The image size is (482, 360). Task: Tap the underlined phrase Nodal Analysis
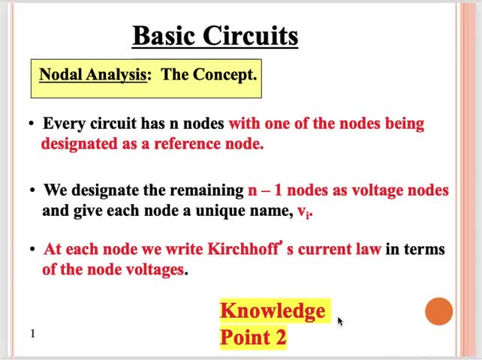pyautogui.click(x=92, y=74)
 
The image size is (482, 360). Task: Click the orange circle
pyautogui.click(x=439, y=311)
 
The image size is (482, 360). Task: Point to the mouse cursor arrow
pyautogui.click(x=339, y=320)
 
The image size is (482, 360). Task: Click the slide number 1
pyautogui.click(x=32, y=333)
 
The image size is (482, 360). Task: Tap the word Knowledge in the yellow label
pyautogui.click(x=273, y=310)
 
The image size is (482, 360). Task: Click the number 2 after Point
pyautogui.click(x=280, y=337)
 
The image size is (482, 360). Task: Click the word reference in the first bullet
pyautogui.click(x=187, y=143)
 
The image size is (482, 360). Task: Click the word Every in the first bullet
pyautogui.click(x=63, y=123)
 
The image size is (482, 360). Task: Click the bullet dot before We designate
pyautogui.click(x=32, y=190)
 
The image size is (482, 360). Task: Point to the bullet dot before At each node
pyautogui.click(x=32, y=249)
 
